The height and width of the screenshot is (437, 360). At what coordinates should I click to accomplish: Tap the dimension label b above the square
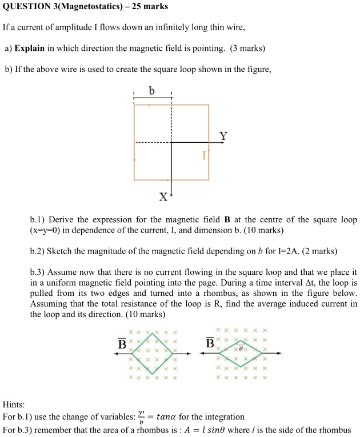(151, 90)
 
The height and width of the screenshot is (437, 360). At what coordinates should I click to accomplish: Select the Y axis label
(223, 136)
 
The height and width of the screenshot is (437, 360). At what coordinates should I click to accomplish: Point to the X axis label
(163, 197)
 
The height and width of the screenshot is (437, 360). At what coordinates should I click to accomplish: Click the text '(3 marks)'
(247, 48)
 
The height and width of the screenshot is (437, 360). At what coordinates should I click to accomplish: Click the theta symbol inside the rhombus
(241, 347)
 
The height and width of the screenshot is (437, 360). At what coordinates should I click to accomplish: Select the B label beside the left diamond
(122, 344)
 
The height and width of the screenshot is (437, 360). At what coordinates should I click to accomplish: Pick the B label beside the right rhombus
(210, 344)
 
